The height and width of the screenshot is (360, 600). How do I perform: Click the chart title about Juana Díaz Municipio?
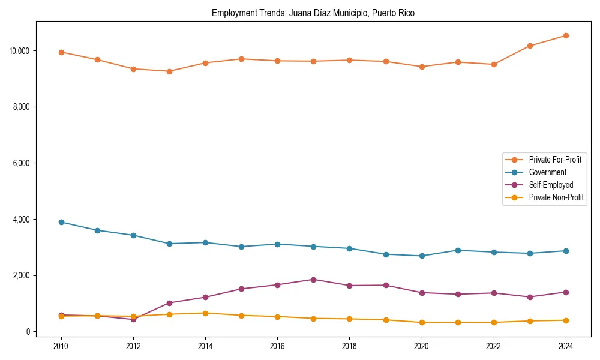pyautogui.click(x=313, y=13)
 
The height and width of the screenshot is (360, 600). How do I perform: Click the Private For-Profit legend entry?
pyautogui.click(x=555, y=160)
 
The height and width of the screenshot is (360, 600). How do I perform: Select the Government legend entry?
pyautogui.click(x=547, y=172)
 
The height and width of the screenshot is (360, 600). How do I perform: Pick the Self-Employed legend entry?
pyautogui.click(x=551, y=185)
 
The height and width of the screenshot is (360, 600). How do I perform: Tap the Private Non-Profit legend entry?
pyautogui.click(x=556, y=197)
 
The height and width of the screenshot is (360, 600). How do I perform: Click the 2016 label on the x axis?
pyautogui.click(x=277, y=346)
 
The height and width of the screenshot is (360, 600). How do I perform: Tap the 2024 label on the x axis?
pyautogui.click(x=566, y=346)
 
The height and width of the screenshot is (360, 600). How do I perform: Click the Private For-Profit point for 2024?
pyautogui.click(x=566, y=35)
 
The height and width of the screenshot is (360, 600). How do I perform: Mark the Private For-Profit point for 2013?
pyautogui.click(x=169, y=71)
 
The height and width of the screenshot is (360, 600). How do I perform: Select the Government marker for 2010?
pyautogui.click(x=61, y=222)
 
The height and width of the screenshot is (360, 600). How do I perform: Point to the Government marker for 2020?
pyautogui.click(x=422, y=256)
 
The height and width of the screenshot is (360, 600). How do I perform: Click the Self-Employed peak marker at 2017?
pyautogui.click(x=313, y=280)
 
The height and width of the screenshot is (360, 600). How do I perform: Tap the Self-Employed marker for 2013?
pyautogui.click(x=169, y=303)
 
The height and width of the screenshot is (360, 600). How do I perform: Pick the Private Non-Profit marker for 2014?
pyautogui.click(x=205, y=313)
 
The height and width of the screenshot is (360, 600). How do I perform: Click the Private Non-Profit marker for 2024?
pyautogui.click(x=566, y=320)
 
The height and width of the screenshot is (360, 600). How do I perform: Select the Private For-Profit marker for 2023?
pyautogui.click(x=530, y=46)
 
